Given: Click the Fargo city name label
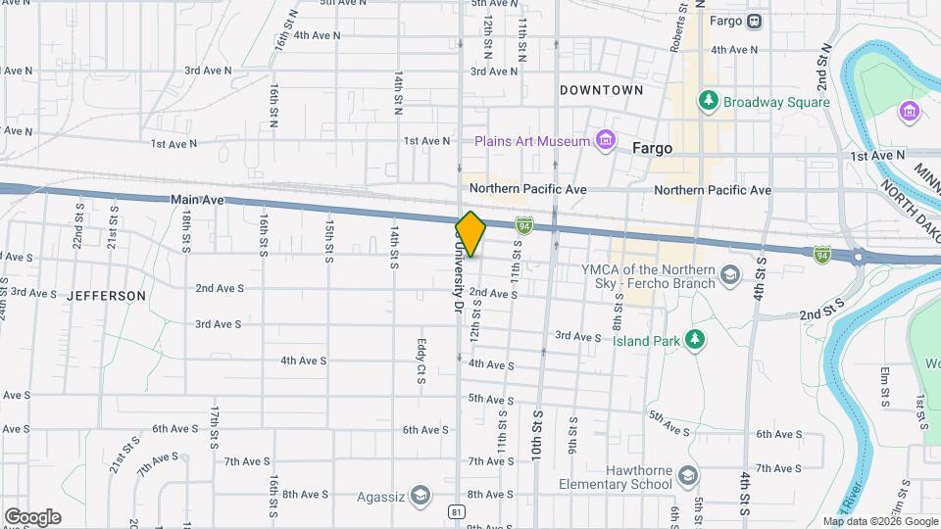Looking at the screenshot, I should [x=653, y=149].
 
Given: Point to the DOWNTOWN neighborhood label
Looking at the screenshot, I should [x=601, y=90].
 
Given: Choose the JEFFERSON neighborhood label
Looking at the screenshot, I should [x=107, y=295].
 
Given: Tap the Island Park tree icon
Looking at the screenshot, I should [x=695, y=340].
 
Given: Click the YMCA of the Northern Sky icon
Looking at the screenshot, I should [x=730, y=275].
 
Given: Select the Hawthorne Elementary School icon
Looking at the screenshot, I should [x=689, y=476].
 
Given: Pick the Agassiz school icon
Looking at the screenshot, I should [x=421, y=495].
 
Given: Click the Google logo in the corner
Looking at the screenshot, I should [x=32, y=517].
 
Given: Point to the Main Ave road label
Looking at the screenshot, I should [x=198, y=199].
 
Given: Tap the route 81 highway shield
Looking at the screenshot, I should [x=457, y=512].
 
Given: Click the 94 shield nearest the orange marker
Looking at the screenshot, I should [x=526, y=226].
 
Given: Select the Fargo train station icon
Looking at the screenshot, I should [x=755, y=21].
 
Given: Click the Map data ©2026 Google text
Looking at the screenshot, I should [x=879, y=521].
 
